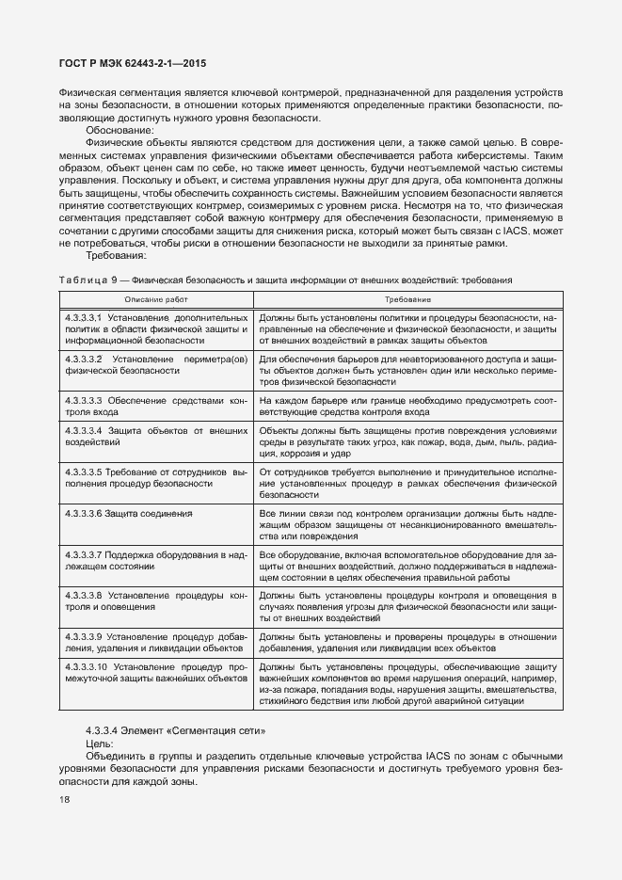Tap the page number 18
point(64,800)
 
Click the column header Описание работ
point(156,299)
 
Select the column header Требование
point(407,299)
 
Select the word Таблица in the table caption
point(84,280)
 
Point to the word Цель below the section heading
point(99,743)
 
